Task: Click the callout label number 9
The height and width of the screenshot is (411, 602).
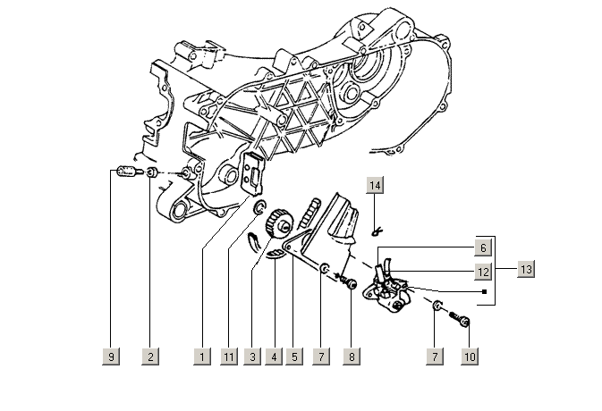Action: [x=112, y=356]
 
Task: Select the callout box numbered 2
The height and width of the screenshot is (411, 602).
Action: [x=150, y=356]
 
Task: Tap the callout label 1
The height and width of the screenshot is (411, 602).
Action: [x=202, y=356]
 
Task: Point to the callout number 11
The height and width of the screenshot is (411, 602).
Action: [x=229, y=356]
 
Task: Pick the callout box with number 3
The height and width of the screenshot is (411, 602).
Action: [x=253, y=356]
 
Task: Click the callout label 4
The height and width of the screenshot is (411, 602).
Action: [x=273, y=356]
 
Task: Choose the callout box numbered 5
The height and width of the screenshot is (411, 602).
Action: [x=293, y=356]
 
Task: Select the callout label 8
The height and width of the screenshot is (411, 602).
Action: [x=352, y=356]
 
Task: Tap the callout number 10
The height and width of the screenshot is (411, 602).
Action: [x=470, y=356]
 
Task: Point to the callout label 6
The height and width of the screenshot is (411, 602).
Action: [x=482, y=247]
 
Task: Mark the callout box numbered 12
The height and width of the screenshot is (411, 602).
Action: [x=482, y=271]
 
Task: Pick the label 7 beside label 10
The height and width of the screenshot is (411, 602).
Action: [x=437, y=356]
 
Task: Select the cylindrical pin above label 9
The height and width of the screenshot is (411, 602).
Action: [x=126, y=171]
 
